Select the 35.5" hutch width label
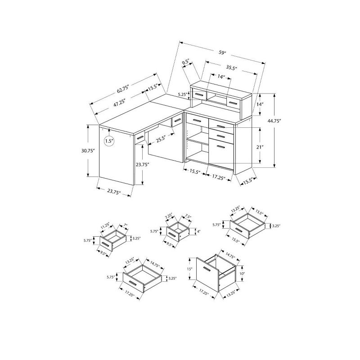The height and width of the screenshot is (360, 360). tap(232, 68)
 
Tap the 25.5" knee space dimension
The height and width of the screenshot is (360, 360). tap(162, 139)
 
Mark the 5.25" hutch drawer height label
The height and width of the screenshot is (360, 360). tap(182, 94)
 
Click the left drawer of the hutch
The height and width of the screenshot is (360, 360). tap(199, 95)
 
